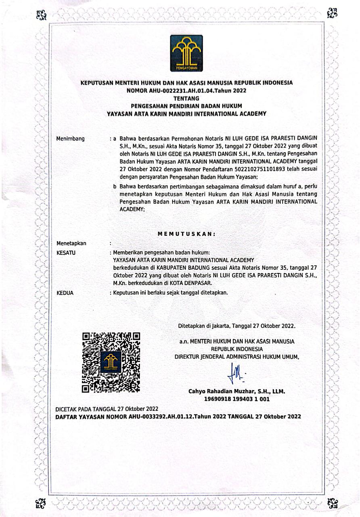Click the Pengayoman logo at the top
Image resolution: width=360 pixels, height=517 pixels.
[186, 53]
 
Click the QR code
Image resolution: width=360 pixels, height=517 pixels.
[111, 362]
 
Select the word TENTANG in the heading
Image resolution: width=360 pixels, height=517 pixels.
[186, 98]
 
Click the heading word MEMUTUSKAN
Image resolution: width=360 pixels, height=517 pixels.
[186, 234]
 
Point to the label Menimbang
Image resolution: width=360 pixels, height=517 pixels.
[71, 139]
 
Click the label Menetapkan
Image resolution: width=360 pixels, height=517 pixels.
[71, 243]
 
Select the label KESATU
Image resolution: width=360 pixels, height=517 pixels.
[67, 252]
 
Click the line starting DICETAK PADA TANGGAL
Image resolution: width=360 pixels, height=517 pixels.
[107, 409]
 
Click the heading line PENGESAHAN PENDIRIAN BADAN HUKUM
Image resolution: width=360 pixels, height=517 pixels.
[186, 106]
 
